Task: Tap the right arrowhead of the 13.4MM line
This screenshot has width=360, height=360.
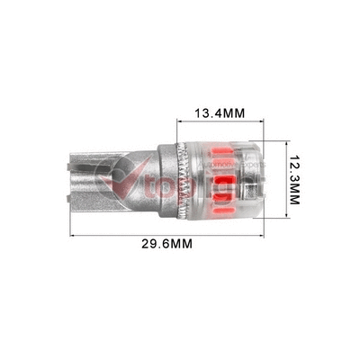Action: pos(267,126)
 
